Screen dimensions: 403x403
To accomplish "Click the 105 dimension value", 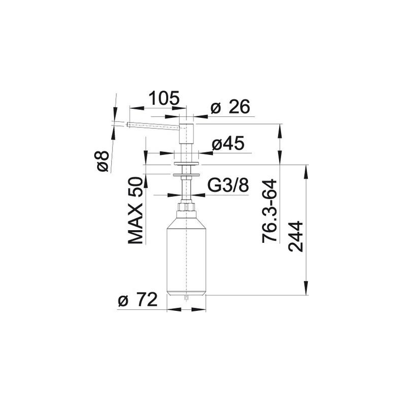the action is (164, 98).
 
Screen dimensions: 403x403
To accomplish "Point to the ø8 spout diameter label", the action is (103, 161).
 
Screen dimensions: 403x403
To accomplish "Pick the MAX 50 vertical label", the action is (135, 211).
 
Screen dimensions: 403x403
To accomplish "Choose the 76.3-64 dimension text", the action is (270, 211).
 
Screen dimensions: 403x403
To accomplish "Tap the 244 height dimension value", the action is (296, 236).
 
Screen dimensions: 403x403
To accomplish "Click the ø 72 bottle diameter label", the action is (138, 300).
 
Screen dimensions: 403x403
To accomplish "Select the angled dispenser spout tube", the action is (153, 125).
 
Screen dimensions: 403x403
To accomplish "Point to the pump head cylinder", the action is (186, 133).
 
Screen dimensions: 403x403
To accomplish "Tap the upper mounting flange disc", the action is (186, 163).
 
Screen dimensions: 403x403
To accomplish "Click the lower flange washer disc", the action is (186, 175).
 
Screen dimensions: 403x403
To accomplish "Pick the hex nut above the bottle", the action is (186, 207).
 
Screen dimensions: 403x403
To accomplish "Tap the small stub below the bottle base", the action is (186, 297).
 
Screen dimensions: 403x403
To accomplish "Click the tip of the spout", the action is (127, 124).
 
